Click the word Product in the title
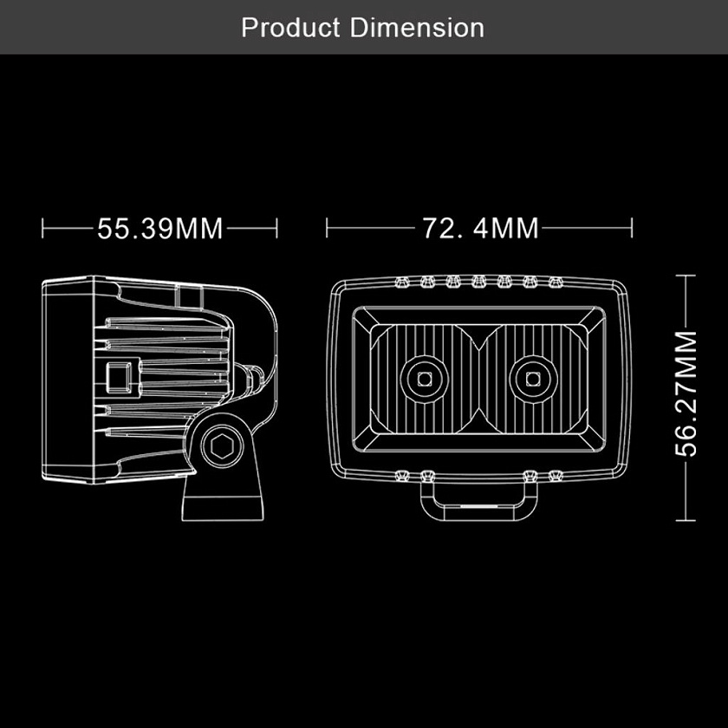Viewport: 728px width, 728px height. point(290,28)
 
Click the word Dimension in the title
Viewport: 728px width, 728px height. point(417,28)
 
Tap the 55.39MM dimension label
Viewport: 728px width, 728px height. point(159,229)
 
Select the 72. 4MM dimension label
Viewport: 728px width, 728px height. point(480,228)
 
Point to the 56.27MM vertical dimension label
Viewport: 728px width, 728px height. point(686,393)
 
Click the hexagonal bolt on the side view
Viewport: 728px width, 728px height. point(222,446)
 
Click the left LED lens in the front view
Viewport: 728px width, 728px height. point(425,379)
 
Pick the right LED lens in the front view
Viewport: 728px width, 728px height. point(533,379)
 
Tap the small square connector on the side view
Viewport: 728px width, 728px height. point(119,377)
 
